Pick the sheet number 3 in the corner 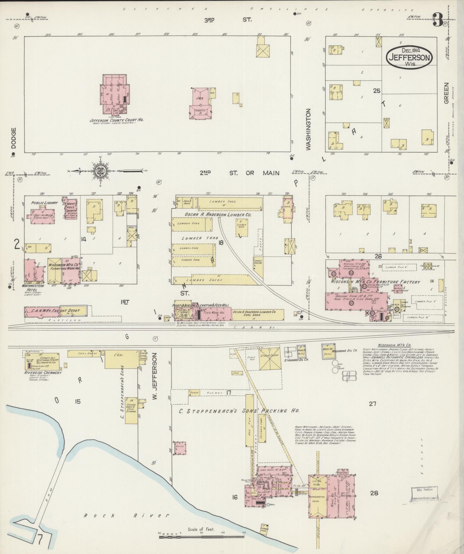(x=438, y=20)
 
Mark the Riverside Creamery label (x=43, y=373)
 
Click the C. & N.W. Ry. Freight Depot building (x=56, y=311)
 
